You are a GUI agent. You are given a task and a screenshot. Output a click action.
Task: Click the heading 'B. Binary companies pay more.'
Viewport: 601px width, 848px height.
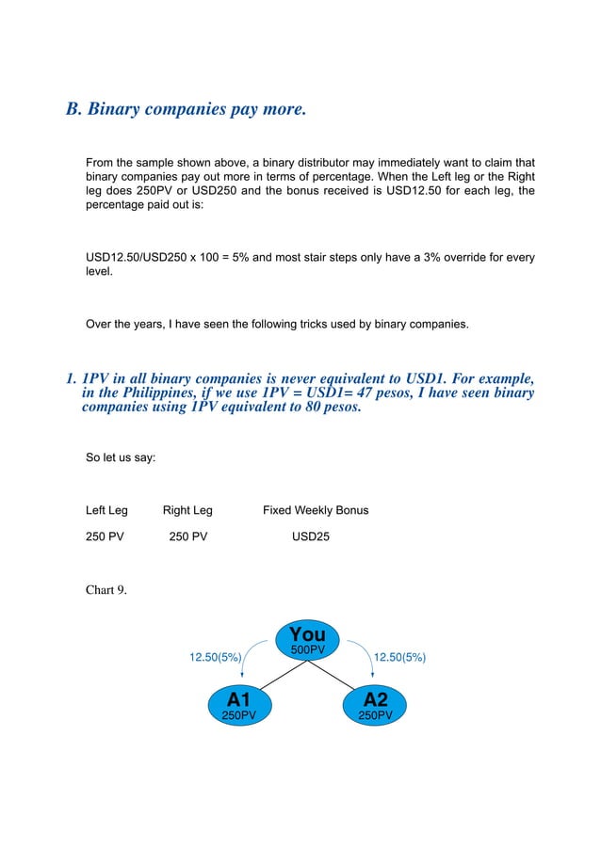pos(186,108)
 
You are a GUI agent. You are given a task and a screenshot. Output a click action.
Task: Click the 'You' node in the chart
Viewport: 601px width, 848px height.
pos(307,640)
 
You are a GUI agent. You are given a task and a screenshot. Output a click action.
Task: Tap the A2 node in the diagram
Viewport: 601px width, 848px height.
pos(375,704)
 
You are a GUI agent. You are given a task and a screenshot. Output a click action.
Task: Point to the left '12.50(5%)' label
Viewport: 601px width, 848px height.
pos(216,657)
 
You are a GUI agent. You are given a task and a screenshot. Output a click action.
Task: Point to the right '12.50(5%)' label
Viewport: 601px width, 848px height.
pos(399,657)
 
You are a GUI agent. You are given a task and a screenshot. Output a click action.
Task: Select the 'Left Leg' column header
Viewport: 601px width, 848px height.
pos(106,510)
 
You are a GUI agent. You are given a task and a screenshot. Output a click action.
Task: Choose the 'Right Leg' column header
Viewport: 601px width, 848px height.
pos(187,510)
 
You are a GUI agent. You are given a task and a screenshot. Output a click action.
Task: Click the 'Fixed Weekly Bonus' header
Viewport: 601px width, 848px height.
pos(316,510)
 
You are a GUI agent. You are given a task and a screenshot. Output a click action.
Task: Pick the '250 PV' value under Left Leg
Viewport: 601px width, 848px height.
pos(106,538)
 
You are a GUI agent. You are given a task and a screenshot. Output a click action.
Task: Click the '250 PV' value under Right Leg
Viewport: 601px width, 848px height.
pos(188,538)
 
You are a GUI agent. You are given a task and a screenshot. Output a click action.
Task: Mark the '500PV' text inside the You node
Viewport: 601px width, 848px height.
pos(307,650)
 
